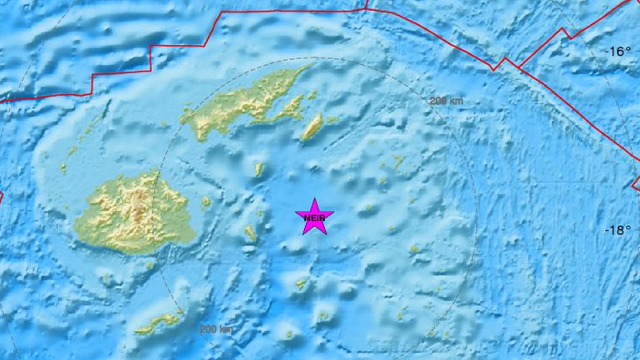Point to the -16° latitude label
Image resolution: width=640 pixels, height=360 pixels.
[617, 52]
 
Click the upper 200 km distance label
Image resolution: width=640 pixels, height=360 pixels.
[446, 101]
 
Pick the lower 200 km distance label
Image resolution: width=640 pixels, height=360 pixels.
[215, 329]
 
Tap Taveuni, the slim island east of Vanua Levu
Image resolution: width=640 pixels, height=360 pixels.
[312, 128]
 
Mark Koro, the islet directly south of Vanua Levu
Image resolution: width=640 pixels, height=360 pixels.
[258, 170]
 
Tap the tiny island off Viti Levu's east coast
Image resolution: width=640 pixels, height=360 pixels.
[206, 202]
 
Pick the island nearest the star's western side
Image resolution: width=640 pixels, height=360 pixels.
[250, 234]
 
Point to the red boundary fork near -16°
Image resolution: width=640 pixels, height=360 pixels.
[503, 62]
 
